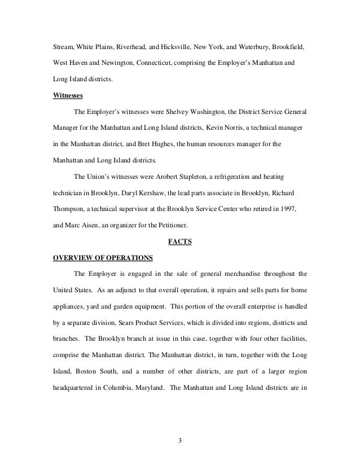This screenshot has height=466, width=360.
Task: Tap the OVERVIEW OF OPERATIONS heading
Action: [x=102, y=259]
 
